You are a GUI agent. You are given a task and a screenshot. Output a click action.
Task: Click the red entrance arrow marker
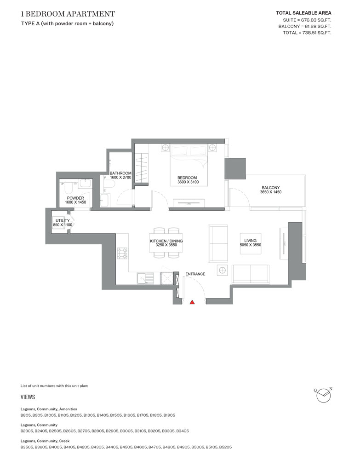[x=192, y=302]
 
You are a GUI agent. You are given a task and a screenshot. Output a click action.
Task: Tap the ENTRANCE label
[x=195, y=274]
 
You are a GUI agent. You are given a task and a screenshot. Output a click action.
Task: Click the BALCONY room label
[x=270, y=188]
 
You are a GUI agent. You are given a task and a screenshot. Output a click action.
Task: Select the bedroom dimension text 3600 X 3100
[x=187, y=183]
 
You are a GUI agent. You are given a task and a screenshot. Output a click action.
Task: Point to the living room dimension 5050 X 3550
[x=250, y=245]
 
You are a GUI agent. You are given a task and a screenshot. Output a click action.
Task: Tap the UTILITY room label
[x=62, y=221]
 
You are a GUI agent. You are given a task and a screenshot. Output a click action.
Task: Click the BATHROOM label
[x=120, y=173]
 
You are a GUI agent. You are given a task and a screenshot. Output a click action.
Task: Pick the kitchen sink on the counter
[x=144, y=278]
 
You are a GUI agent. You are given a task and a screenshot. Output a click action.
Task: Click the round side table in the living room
[x=222, y=270]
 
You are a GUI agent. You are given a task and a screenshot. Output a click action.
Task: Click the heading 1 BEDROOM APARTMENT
[x=68, y=14]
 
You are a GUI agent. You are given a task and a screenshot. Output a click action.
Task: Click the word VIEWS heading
[x=28, y=397]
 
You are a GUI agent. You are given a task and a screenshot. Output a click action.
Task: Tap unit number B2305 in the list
[x=27, y=431]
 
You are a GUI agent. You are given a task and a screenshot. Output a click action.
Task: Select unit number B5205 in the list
[x=225, y=447]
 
